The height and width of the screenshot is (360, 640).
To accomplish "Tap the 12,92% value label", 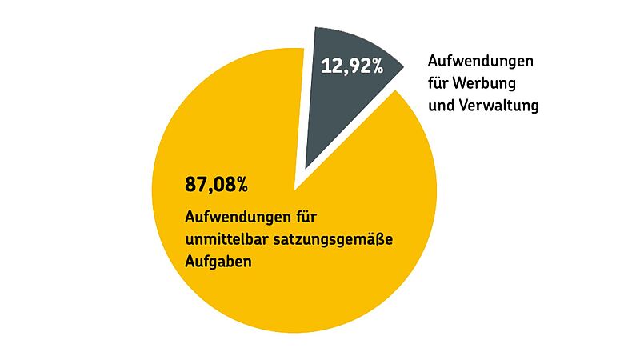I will click(x=352, y=66).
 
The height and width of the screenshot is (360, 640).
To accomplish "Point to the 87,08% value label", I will click(x=216, y=185).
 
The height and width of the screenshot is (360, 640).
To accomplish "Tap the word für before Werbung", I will click(x=441, y=83).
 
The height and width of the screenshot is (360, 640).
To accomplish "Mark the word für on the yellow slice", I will click(x=306, y=217).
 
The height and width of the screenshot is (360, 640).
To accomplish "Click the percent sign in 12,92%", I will click(x=375, y=66).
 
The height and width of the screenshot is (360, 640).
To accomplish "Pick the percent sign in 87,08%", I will click(x=239, y=185).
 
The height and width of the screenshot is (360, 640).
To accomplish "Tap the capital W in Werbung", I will click(x=466, y=83).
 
